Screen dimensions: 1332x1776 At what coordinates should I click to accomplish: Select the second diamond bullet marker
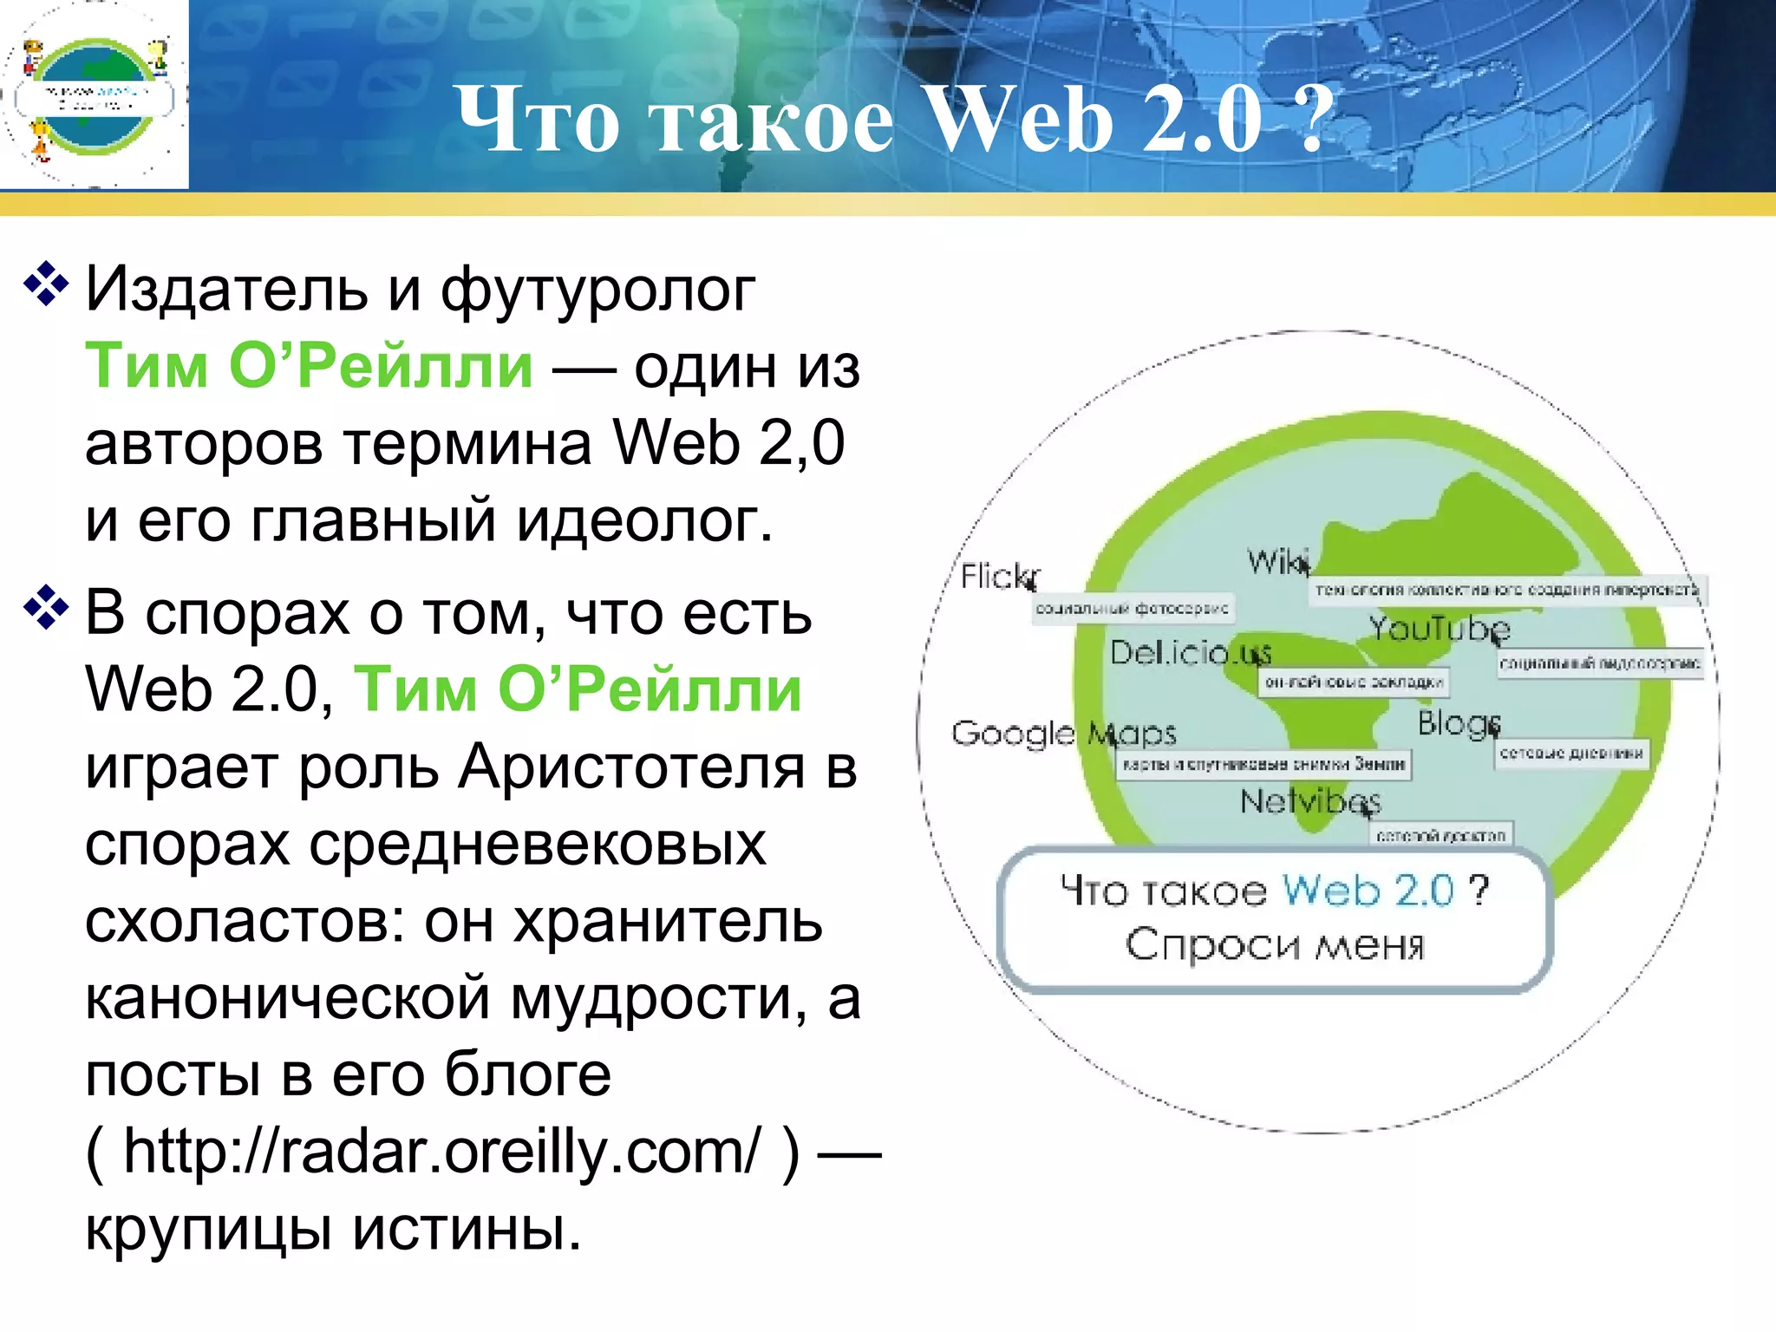(46, 607)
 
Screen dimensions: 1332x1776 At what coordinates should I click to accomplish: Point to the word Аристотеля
(632, 767)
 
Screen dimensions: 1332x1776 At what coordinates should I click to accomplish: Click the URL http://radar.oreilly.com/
(442, 1152)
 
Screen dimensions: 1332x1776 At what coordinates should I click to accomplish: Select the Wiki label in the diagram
(1277, 561)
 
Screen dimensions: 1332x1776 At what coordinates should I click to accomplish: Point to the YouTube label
(1439, 628)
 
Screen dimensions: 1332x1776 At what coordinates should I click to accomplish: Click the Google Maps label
(1063, 734)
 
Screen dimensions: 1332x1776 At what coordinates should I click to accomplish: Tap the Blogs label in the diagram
(1458, 722)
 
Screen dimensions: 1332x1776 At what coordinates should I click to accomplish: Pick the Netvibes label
(1309, 801)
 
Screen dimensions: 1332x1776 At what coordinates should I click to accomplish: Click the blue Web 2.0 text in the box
(1368, 890)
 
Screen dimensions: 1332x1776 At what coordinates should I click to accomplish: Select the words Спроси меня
(1275, 944)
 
